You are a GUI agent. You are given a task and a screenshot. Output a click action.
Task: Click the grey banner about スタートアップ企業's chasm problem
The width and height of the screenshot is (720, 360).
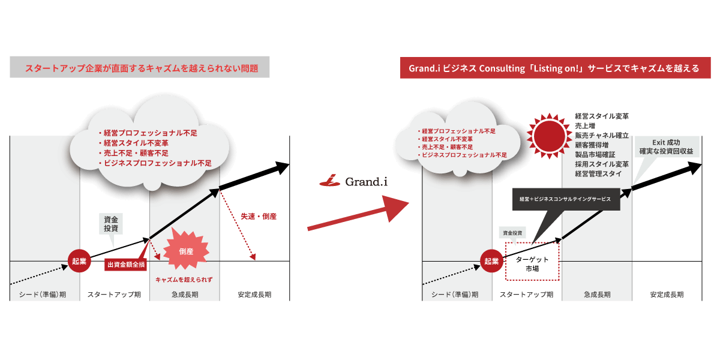[140, 68]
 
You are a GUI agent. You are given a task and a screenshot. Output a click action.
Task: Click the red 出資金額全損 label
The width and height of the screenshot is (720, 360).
[126, 265]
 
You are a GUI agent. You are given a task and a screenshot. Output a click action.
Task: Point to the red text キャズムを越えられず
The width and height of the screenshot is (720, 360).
[184, 280]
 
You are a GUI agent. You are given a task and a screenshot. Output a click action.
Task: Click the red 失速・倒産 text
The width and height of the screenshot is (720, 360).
[259, 216]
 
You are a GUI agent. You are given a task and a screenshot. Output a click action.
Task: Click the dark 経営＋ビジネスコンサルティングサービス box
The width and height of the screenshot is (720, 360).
[565, 199]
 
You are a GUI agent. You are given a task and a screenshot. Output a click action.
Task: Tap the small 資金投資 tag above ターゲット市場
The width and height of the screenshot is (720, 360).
[512, 232]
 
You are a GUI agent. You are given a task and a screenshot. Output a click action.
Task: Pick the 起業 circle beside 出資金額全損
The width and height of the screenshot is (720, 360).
[79, 261]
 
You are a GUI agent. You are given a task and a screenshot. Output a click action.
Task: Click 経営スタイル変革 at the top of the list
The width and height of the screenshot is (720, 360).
[602, 116]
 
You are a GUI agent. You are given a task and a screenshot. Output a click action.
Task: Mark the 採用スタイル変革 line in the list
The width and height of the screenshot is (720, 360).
[602, 164]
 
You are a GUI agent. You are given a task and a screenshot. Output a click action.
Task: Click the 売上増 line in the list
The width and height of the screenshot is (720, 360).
[585, 125]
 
